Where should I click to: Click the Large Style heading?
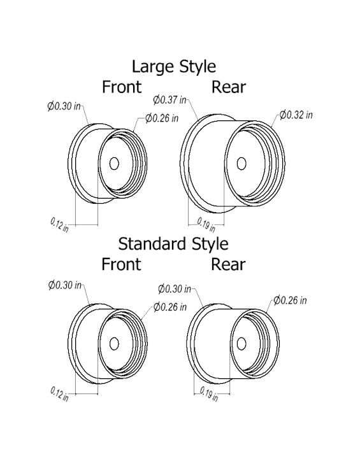tap(173, 66)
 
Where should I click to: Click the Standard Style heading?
tap(173, 243)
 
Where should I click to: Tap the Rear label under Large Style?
tap(229, 87)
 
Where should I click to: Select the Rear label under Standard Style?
tap(229, 264)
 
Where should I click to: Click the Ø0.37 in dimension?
tap(170, 99)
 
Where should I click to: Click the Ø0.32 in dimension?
tap(296, 115)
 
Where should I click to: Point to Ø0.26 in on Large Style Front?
tap(162, 118)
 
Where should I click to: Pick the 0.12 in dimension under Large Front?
tap(59, 225)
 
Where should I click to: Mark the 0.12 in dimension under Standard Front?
tap(59, 393)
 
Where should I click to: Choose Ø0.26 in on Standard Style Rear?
tap(290, 300)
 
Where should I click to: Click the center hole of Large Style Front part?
tap(114, 164)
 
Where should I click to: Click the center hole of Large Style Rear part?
tap(241, 163)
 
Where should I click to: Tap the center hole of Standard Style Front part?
tap(115, 344)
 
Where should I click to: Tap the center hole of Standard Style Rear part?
tap(241, 344)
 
